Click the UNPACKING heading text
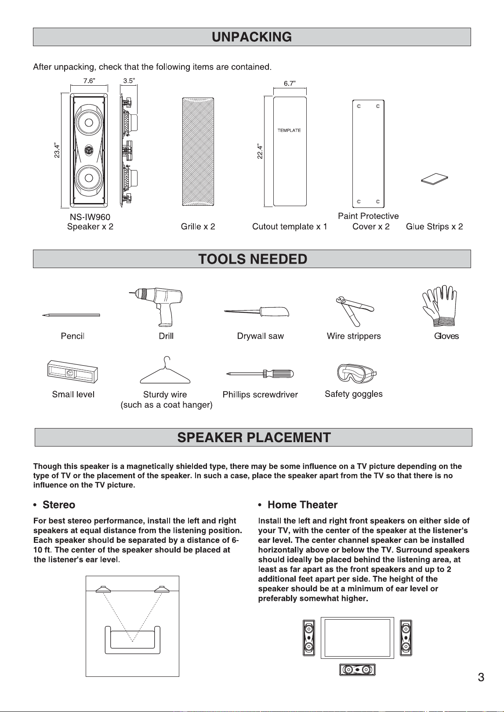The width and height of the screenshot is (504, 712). coord(252,37)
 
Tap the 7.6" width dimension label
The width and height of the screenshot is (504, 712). coord(89,81)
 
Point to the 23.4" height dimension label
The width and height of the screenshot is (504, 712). coord(57,150)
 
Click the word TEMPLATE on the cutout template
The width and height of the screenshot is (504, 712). coord(289,131)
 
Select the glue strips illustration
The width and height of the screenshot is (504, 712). coord(435,178)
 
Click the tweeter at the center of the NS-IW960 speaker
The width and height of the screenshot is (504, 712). coord(89,150)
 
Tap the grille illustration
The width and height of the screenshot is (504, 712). coord(198,152)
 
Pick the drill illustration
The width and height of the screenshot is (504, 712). coord(157,306)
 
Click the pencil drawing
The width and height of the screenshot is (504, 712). coord(71,315)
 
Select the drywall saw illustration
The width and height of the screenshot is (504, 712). coord(257,312)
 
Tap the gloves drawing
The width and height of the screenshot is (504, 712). coord(439,305)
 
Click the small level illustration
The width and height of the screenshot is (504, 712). coord(73,371)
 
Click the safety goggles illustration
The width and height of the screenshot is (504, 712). coord(356,374)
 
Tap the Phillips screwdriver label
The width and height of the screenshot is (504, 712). coord(260,395)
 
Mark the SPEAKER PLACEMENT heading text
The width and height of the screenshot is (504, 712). coord(254,437)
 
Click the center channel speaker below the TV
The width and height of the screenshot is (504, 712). coord(357,670)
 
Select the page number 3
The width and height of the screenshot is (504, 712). coord(481,677)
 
